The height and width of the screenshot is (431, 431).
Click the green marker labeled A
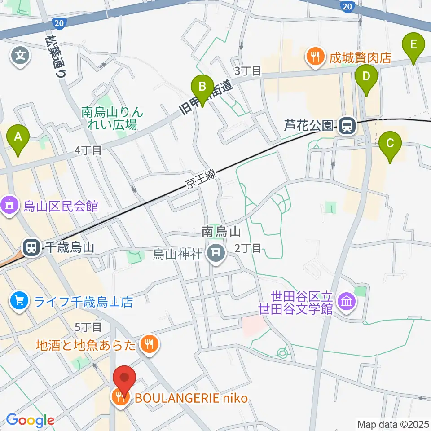[x=18, y=137]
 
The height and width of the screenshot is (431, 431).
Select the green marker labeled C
[x=390, y=144]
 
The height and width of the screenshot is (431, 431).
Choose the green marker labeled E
[x=413, y=46]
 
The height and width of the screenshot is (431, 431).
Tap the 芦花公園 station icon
[x=346, y=125]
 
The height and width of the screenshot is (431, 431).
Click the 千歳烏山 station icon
[x=31, y=247]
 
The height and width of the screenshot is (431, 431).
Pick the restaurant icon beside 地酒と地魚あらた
[x=147, y=345]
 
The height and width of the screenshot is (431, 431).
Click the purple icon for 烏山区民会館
[x=9, y=206]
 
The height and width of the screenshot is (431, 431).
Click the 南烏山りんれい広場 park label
[x=110, y=118]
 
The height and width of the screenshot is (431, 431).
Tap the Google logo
[x=30, y=420]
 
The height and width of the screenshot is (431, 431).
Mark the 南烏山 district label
[x=222, y=232]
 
